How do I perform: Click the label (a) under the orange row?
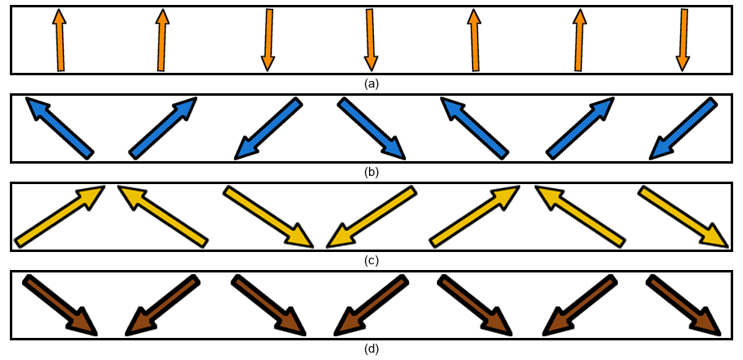(371, 83)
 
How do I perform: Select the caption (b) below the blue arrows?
(371, 172)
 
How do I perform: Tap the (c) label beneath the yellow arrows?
(371, 260)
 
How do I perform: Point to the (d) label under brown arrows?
(371, 349)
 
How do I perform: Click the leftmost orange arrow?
(59, 40)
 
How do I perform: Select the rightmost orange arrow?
(682, 40)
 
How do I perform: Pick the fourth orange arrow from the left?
(371, 40)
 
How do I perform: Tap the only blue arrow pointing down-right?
(371, 128)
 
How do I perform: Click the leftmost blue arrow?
(60, 127)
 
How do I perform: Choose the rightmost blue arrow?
(682, 128)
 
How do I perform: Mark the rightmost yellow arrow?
(683, 217)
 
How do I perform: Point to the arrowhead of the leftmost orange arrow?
(58, 17)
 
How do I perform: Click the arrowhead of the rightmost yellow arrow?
(718, 238)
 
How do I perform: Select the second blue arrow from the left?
(163, 127)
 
